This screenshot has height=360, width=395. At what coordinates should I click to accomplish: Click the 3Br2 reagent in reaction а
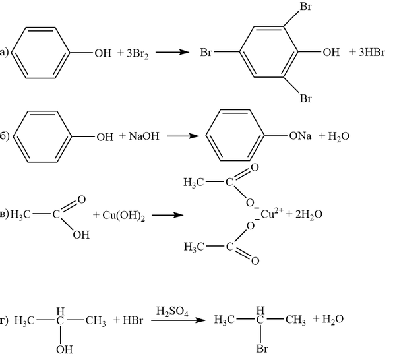(138, 53)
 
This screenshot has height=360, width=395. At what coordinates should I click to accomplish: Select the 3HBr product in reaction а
(372, 52)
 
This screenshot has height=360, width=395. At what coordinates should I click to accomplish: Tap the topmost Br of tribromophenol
(305, 7)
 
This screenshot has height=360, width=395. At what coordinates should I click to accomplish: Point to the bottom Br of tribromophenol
(305, 98)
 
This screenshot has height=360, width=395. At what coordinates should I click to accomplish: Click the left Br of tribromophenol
(206, 53)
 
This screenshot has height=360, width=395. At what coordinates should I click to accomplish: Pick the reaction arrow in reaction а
(172, 52)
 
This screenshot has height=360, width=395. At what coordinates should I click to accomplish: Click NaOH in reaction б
(144, 136)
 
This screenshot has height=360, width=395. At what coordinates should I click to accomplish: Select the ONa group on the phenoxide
(300, 136)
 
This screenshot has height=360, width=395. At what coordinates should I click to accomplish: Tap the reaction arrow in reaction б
(183, 136)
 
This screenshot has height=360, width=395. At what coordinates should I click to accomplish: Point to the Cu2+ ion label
(272, 213)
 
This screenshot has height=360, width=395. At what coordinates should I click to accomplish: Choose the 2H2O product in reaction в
(309, 215)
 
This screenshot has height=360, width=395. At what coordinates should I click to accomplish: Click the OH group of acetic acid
(81, 235)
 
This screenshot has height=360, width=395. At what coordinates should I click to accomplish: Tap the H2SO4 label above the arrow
(172, 311)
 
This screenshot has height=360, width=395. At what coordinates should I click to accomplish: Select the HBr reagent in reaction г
(133, 320)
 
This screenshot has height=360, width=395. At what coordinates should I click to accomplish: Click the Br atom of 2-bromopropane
(262, 349)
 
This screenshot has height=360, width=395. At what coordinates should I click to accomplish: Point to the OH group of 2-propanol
(65, 349)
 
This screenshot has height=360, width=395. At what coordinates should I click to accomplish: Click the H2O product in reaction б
(338, 136)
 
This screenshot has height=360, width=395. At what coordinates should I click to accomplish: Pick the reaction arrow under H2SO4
(178, 320)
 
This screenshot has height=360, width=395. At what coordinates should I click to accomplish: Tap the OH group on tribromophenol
(331, 52)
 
